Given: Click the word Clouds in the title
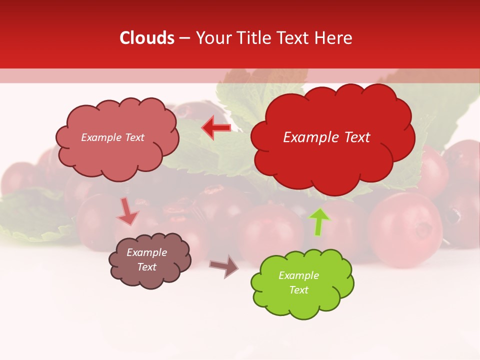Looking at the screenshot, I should [x=147, y=38].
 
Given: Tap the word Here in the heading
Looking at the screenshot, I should [x=334, y=38].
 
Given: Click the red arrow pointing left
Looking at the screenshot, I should [x=216, y=127].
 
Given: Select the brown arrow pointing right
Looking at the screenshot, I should [x=224, y=266].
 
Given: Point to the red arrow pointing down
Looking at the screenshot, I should [x=128, y=212].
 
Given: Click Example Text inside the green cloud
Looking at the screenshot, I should [x=298, y=282].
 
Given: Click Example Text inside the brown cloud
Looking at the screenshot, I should [x=146, y=259].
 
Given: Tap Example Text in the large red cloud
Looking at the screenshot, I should [x=326, y=137].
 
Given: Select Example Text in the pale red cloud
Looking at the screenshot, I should [x=112, y=137].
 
